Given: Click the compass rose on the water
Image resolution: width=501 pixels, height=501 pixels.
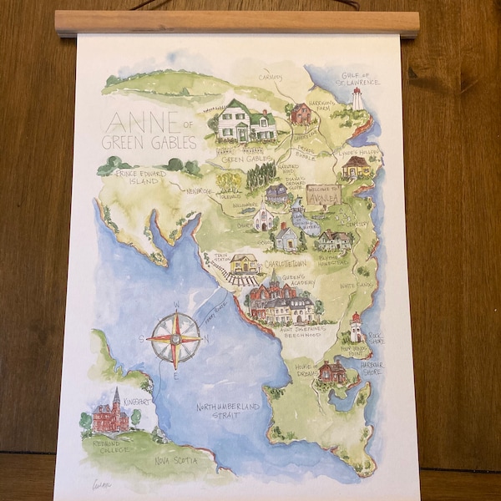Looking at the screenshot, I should [175, 339].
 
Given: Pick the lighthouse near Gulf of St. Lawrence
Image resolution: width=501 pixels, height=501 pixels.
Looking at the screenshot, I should [357, 99].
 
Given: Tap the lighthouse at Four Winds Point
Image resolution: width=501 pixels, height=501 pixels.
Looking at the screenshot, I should [356, 326].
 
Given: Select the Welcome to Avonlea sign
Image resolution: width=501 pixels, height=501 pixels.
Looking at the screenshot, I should [323, 195].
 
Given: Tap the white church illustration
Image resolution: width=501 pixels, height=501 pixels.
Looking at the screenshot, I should [265, 218].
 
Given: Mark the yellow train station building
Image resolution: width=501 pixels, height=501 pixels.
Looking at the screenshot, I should [245, 264].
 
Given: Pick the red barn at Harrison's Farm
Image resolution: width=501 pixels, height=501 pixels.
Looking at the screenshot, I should [301, 114].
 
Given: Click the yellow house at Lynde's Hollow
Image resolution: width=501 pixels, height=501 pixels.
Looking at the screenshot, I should [356, 167].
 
